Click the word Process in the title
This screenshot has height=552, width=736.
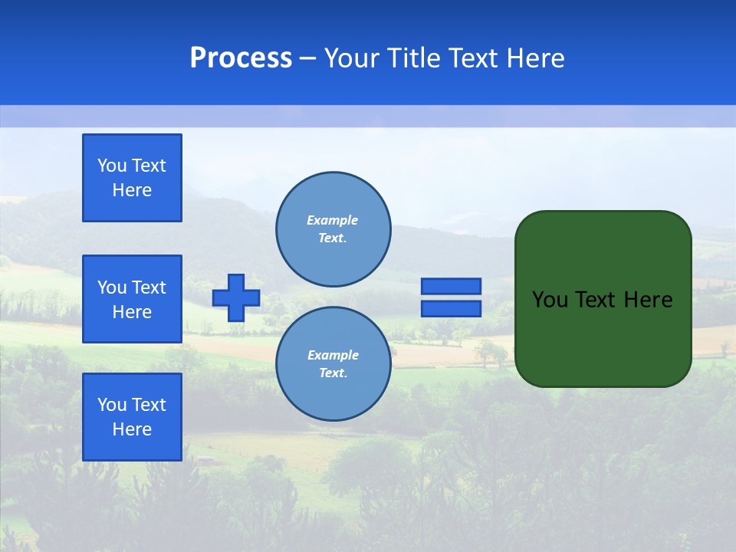pos(241,58)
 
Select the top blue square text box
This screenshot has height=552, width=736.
pos(132,178)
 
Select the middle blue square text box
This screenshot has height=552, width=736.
pos(132,299)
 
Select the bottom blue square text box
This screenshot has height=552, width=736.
pos(132,417)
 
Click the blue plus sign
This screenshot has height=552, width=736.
pos(236,297)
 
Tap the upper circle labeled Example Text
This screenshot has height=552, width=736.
pos(333,229)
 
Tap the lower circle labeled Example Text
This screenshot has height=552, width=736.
pos(333,364)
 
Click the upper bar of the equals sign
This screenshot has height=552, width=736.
pos(451,287)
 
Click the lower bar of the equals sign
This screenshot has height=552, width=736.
pos(451,309)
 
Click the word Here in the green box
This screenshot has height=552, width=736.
pos(648,300)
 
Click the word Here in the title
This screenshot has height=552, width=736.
pos(535,58)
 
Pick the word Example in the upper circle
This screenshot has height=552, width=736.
pos(333,220)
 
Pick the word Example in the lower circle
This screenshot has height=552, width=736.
pos(333,355)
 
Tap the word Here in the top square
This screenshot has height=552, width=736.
pos(132,190)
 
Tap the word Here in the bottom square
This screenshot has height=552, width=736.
pos(132,429)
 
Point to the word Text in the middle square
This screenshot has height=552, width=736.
pos(148,287)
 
